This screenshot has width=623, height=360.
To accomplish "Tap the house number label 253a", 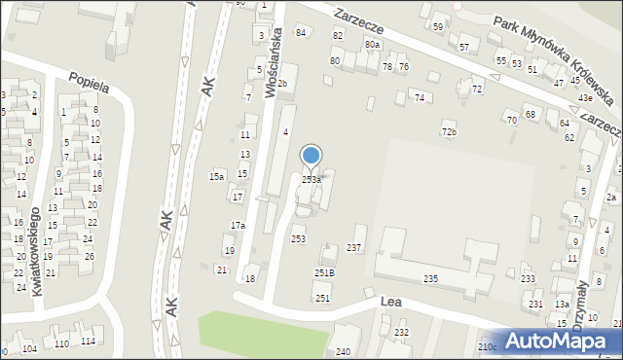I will click(x=311, y=180).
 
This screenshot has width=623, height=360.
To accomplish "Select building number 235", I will click(x=430, y=279).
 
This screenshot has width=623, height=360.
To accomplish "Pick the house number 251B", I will click(x=324, y=273).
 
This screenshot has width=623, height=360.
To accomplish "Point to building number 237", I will click(x=354, y=248).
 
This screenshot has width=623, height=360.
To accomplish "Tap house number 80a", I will click(x=372, y=44).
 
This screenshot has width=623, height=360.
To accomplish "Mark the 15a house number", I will click(x=217, y=176).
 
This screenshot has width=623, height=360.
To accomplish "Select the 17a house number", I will click(x=238, y=226).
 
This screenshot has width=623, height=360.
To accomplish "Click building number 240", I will click(x=343, y=352).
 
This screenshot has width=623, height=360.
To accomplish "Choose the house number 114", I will click(x=88, y=341).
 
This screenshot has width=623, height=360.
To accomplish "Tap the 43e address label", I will click(x=585, y=98).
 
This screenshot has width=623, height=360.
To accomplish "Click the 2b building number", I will click(x=282, y=84).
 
